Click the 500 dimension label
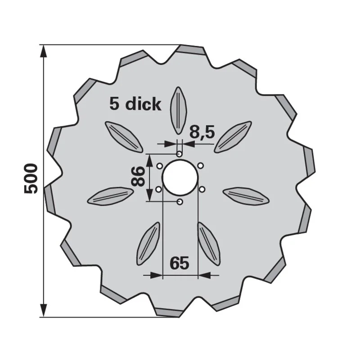pyautogui.click(x=31, y=179)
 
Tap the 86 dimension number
pyautogui.click(x=138, y=176)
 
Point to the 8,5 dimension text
pyautogui.click(x=202, y=132)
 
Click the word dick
pyautogui.click(x=143, y=104)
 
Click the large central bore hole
pyautogui.click(x=180, y=177)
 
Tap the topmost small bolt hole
pyautogui.click(x=179, y=153)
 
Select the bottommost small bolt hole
pyautogui.click(x=180, y=202)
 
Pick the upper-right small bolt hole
pyautogui.click(x=201, y=165)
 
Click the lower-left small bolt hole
pyautogui.click(x=158, y=189)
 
